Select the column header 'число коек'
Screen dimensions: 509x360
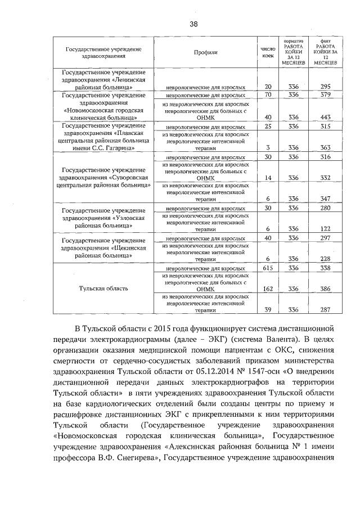tap(268, 52)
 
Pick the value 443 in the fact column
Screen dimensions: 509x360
tap(325, 117)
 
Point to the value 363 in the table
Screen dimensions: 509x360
tap(325, 147)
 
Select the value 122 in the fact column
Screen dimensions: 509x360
tap(325, 228)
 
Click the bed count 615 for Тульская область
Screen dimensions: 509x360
tap(268, 269)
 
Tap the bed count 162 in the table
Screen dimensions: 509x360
tap(268, 289)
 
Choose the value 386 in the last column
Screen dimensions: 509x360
tap(325, 289)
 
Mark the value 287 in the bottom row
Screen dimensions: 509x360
tap(325, 309)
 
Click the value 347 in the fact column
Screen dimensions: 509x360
tap(325, 199)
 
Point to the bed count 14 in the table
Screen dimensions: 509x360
tap(268, 178)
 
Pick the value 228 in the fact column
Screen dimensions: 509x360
tap(325, 259)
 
